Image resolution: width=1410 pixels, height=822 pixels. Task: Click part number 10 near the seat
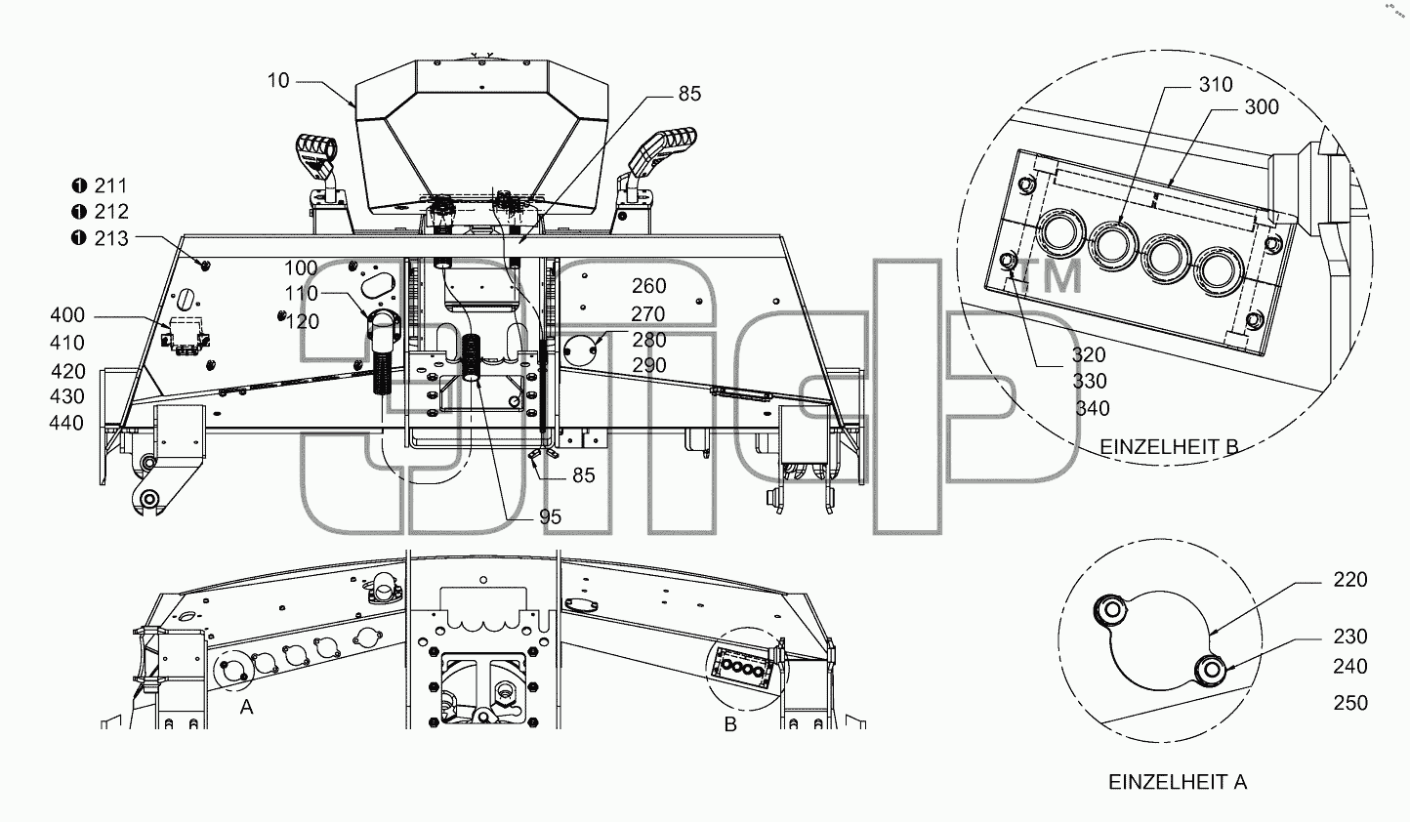(278, 81)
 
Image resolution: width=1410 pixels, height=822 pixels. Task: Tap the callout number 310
(1216, 84)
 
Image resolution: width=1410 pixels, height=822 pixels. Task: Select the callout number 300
(1262, 107)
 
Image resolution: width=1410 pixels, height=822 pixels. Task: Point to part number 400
(67, 314)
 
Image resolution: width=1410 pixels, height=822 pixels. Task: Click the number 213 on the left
(111, 238)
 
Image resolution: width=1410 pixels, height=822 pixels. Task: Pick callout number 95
(550, 516)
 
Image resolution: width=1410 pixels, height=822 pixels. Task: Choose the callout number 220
(1350, 579)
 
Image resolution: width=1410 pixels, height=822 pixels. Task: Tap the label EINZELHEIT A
(1177, 782)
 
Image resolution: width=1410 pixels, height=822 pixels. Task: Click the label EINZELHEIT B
(1169, 447)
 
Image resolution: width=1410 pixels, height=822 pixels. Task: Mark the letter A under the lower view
(247, 708)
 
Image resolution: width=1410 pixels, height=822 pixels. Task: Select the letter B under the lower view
(730, 724)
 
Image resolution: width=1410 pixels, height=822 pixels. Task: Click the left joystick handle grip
(316, 151)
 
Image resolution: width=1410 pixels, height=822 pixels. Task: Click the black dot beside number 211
(79, 185)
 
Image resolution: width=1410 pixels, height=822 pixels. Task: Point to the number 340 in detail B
(1092, 408)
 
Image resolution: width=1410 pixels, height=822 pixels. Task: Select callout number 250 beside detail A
(1350, 703)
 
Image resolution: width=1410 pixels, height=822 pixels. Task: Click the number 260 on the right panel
(649, 286)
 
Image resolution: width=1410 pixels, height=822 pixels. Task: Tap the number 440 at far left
(66, 423)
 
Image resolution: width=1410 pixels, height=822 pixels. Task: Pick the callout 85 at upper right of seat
(689, 94)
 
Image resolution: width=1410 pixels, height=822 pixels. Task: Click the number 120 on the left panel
(303, 321)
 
